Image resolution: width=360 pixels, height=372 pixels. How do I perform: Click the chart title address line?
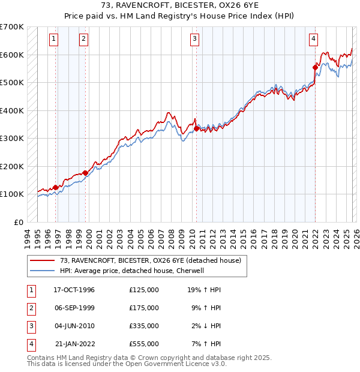(x=179, y=6)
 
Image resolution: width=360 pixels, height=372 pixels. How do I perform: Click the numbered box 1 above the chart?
(x=54, y=39)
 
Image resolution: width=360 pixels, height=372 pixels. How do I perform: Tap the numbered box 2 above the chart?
(x=83, y=39)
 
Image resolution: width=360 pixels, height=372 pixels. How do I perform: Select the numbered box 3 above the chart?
(x=195, y=39)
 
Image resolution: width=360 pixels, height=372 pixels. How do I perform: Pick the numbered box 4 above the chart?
(x=313, y=39)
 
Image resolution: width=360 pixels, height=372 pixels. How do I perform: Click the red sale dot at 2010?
(x=196, y=128)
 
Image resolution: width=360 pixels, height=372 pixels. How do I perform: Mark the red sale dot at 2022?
(x=315, y=67)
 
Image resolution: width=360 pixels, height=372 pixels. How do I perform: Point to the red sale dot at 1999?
(x=85, y=173)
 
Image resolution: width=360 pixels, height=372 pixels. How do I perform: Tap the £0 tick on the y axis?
(x=19, y=222)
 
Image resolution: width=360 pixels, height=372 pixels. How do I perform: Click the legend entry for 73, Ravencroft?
(x=150, y=260)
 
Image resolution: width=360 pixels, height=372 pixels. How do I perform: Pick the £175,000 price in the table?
(x=143, y=308)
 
